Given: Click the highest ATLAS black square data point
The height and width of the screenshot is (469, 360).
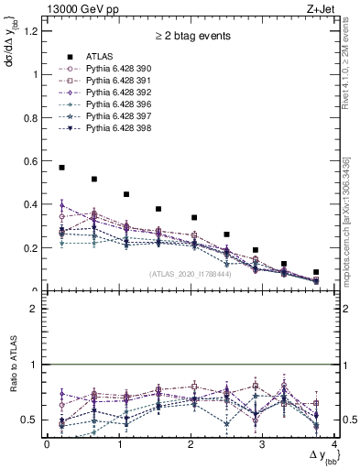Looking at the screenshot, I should click(x=61, y=168).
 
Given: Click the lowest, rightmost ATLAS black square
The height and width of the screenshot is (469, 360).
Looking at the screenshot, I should click(x=316, y=272).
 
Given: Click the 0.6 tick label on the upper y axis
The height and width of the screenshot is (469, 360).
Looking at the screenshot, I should click(x=34, y=161).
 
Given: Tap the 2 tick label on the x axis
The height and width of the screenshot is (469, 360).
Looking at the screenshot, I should click(x=191, y=444).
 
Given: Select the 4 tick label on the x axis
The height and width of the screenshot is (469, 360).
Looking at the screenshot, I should click(x=334, y=444).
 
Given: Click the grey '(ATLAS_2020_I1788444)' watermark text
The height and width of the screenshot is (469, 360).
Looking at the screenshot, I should click(x=191, y=274).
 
